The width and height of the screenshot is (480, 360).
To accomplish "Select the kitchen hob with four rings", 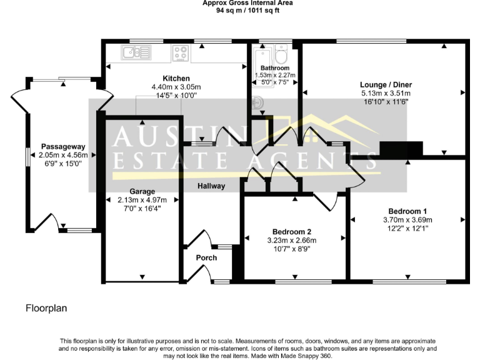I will (182, 52).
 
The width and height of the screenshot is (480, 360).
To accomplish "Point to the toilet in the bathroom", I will (281, 51).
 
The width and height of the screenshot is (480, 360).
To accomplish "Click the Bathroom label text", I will (275, 68).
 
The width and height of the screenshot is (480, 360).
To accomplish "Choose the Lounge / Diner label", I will (384, 84).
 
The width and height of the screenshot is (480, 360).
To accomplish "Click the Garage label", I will (142, 191).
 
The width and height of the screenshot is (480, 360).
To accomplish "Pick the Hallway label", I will (211, 186).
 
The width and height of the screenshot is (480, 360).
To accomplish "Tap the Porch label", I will (206, 257).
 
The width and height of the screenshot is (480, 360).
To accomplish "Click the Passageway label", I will (62, 147).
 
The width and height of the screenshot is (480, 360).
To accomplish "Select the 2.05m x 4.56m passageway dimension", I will (62, 155).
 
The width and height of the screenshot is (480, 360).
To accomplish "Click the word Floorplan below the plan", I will (46, 308).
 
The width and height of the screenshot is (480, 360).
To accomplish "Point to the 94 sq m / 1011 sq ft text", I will (247, 10).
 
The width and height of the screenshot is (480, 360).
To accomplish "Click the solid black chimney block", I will (401, 149).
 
